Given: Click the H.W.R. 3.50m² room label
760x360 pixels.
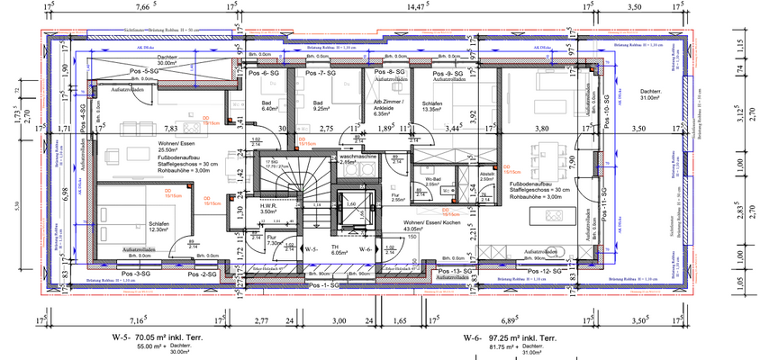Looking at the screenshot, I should pos(268,209).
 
